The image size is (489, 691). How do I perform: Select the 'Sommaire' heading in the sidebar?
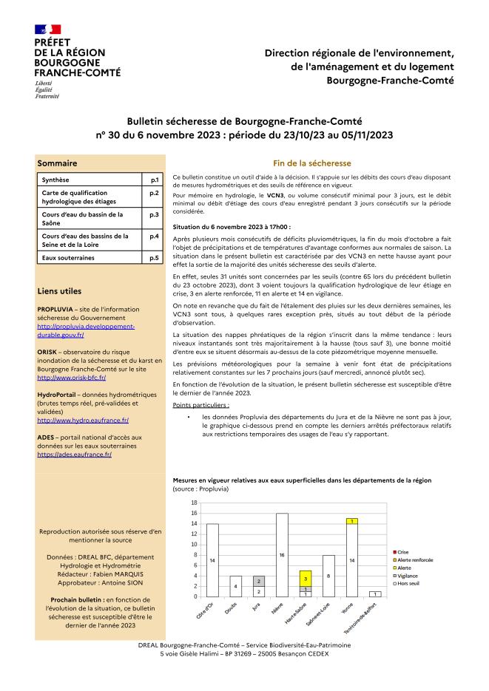57,163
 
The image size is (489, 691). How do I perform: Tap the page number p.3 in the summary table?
155,214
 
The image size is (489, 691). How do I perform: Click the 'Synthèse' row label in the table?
54,180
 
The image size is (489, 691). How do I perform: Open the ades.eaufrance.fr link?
74,455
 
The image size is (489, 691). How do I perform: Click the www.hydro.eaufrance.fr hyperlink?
82,420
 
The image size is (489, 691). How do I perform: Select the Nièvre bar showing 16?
282,554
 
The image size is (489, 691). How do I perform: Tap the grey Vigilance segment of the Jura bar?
258,581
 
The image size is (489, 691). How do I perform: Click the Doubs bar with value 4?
236,586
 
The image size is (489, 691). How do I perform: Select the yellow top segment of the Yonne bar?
351,521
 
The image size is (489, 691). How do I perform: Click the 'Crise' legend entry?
402,553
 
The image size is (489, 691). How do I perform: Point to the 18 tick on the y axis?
194,503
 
